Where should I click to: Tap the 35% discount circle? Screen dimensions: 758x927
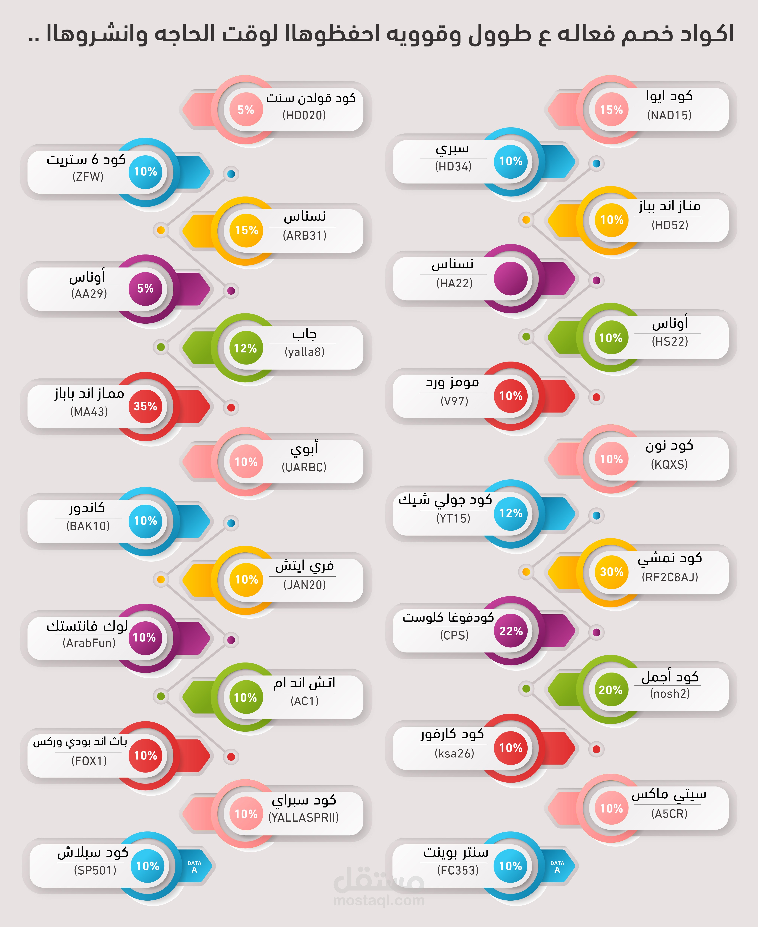pos(145,406)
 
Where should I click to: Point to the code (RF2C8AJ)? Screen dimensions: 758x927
pos(670,577)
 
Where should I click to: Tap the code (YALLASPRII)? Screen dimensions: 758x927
pos(303,817)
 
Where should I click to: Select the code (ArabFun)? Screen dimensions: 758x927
pos(89,643)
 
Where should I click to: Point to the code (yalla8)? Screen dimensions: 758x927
pos(304,352)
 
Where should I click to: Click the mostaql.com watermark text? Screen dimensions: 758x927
pos(379,900)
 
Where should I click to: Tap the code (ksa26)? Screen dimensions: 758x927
pos(454,753)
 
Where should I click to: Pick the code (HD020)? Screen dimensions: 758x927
pos(304,115)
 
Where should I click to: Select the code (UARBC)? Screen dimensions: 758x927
pos(304,467)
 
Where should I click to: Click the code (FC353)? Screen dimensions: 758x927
pos(458,870)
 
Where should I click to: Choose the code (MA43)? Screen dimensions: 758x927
pos(89,411)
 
